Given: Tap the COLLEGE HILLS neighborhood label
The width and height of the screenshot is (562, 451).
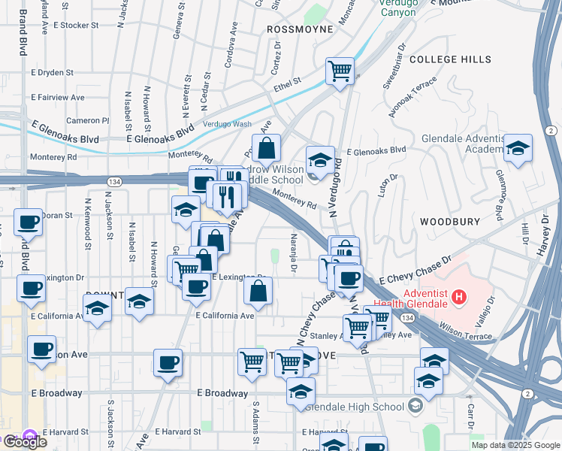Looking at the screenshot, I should [x=451, y=59].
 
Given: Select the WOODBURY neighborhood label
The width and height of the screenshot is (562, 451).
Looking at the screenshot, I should [x=449, y=222].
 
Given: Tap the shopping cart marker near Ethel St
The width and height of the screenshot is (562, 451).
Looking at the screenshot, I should [x=340, y=72].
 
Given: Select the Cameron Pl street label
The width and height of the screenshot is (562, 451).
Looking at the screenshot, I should [x=87, y=120].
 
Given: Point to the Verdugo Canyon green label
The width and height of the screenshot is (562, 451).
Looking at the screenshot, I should [x=397, y=8].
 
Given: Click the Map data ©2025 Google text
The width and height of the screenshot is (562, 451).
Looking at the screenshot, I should [x=515, y=445].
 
